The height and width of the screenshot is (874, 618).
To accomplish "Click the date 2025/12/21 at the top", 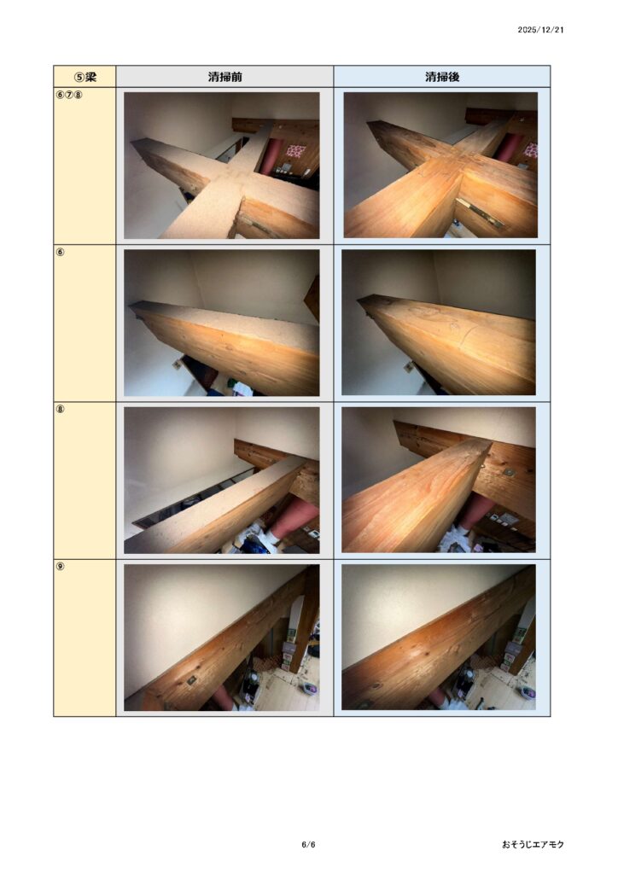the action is click(x=540, y=30).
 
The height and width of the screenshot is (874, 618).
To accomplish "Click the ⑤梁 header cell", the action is click(x=85, y=76).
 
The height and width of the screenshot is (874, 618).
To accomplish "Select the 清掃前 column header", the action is click(x=224, y=76).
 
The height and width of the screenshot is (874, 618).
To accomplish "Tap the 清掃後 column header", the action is click(x=442, y=76).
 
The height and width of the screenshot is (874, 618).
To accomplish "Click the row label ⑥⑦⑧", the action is click(x=69, y=95).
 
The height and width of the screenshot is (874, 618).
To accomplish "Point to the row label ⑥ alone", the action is click(x=61, y=252).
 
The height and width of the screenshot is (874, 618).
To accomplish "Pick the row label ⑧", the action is click(x=61, y=409).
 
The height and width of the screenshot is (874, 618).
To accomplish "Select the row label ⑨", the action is click(x=61, y=567).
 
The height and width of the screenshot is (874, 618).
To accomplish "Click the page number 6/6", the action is click(x=308, y=844).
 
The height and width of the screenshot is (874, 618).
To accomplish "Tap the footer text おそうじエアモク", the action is click(x=533, y=844).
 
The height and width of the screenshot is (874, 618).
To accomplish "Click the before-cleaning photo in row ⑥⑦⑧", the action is click(x=222, y=166).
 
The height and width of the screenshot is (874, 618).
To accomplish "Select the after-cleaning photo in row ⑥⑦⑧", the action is click(x=440, y=165).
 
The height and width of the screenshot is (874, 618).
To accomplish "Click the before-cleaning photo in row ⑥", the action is click(x=222, y=323).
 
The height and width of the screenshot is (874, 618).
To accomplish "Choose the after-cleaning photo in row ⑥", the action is click(x=439, y=323).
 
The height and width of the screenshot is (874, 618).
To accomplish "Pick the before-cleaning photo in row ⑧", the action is click(x=222, y=480).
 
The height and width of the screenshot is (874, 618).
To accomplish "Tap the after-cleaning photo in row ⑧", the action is click(x=439, y=480).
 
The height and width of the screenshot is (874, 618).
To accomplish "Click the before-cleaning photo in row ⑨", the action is click(x=222, y=638).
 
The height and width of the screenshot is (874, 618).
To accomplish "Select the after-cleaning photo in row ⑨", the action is click(x=439, y=638).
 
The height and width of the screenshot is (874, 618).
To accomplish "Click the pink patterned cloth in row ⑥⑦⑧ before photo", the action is click(x=296, y=151).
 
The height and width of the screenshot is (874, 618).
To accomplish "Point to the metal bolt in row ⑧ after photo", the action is click(x=509, y=472).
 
